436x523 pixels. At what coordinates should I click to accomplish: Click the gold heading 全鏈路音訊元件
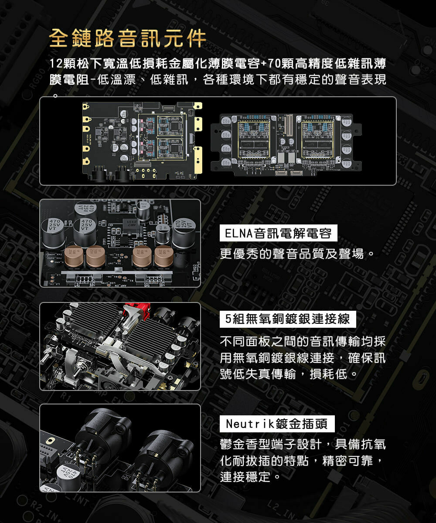point(128,38)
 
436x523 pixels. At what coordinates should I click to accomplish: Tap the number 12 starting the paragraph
point(56,63)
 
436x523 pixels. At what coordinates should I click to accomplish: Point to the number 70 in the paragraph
point(274,63)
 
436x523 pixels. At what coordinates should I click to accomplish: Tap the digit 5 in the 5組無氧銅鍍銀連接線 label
point(228,319)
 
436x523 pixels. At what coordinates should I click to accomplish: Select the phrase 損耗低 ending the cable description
point(328,374)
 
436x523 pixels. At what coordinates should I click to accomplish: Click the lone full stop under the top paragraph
point(56,95)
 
